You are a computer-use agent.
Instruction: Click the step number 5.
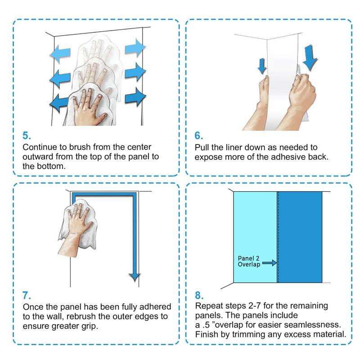coord(27,135)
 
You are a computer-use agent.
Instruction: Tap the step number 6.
coord(198,135)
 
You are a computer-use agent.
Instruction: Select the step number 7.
coord(27,295)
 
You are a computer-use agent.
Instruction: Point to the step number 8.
coord(199,295)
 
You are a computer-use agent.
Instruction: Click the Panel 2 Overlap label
coord(249,261)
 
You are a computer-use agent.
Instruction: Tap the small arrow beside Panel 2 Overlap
coord(269,263)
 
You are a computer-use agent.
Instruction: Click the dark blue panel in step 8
coord(300,237)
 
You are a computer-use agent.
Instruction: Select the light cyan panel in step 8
coord(255,237)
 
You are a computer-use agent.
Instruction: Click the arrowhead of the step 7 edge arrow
coord(135,277)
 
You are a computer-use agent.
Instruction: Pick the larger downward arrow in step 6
coord(310,58)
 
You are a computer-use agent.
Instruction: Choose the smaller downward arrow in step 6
coord(262,66)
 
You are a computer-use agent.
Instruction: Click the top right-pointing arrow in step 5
coord(135,48)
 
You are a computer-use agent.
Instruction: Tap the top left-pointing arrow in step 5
coord(60,54)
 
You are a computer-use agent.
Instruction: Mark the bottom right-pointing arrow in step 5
coord(135,97)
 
